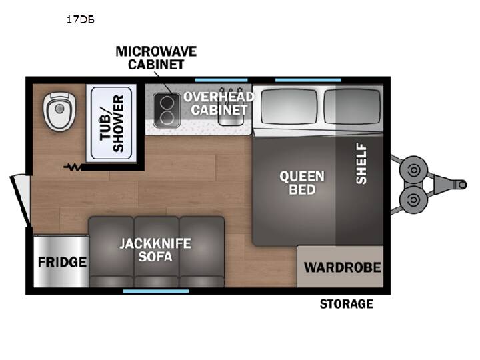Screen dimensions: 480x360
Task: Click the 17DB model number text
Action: (x=81, y=20)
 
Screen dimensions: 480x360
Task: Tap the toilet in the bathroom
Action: (x=59, y=112)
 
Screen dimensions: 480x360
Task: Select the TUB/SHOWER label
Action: (x=112, y=123)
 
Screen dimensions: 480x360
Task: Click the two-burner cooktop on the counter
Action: (x=167, y=110)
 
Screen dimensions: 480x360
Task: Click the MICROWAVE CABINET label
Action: (x=156, y=58)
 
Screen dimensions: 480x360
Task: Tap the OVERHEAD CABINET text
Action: (x=219, y=103)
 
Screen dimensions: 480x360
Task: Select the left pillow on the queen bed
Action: (x=289, y=107)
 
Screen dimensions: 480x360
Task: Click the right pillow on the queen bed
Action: (x=352, y=107)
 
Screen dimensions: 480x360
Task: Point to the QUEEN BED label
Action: (x=302, y=183)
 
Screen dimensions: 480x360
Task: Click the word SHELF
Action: (x=361, y=164)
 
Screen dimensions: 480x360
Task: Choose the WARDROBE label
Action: (x=343, y=267)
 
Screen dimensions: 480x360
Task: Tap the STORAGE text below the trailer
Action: (x=347, y=304)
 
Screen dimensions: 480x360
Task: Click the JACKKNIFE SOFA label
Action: (x=155, y=250)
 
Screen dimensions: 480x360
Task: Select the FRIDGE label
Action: (x=62, y=262)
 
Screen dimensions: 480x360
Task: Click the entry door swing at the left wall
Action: (x=21, y=201)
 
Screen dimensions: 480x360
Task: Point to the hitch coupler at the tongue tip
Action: (x=461, y=185)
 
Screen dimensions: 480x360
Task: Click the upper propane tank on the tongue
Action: (x=413, y=170)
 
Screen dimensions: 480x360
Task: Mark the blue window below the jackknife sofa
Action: (x=156, y=291)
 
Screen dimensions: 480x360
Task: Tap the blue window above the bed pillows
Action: (x=308, y=80)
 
